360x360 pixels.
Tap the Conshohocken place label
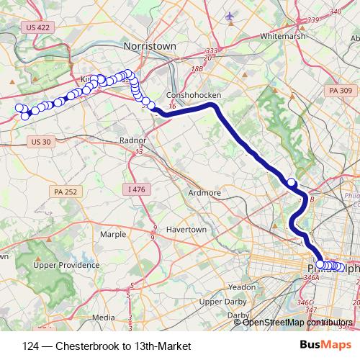click(192, 94)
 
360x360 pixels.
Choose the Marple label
click(113, 234)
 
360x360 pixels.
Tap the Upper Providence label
click(66, 265)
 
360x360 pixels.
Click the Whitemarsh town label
click(283, 35)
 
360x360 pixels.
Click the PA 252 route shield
click(65, 192)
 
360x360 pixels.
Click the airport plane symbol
click(230, 16)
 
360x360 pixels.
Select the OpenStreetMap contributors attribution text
click(297, 322)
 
